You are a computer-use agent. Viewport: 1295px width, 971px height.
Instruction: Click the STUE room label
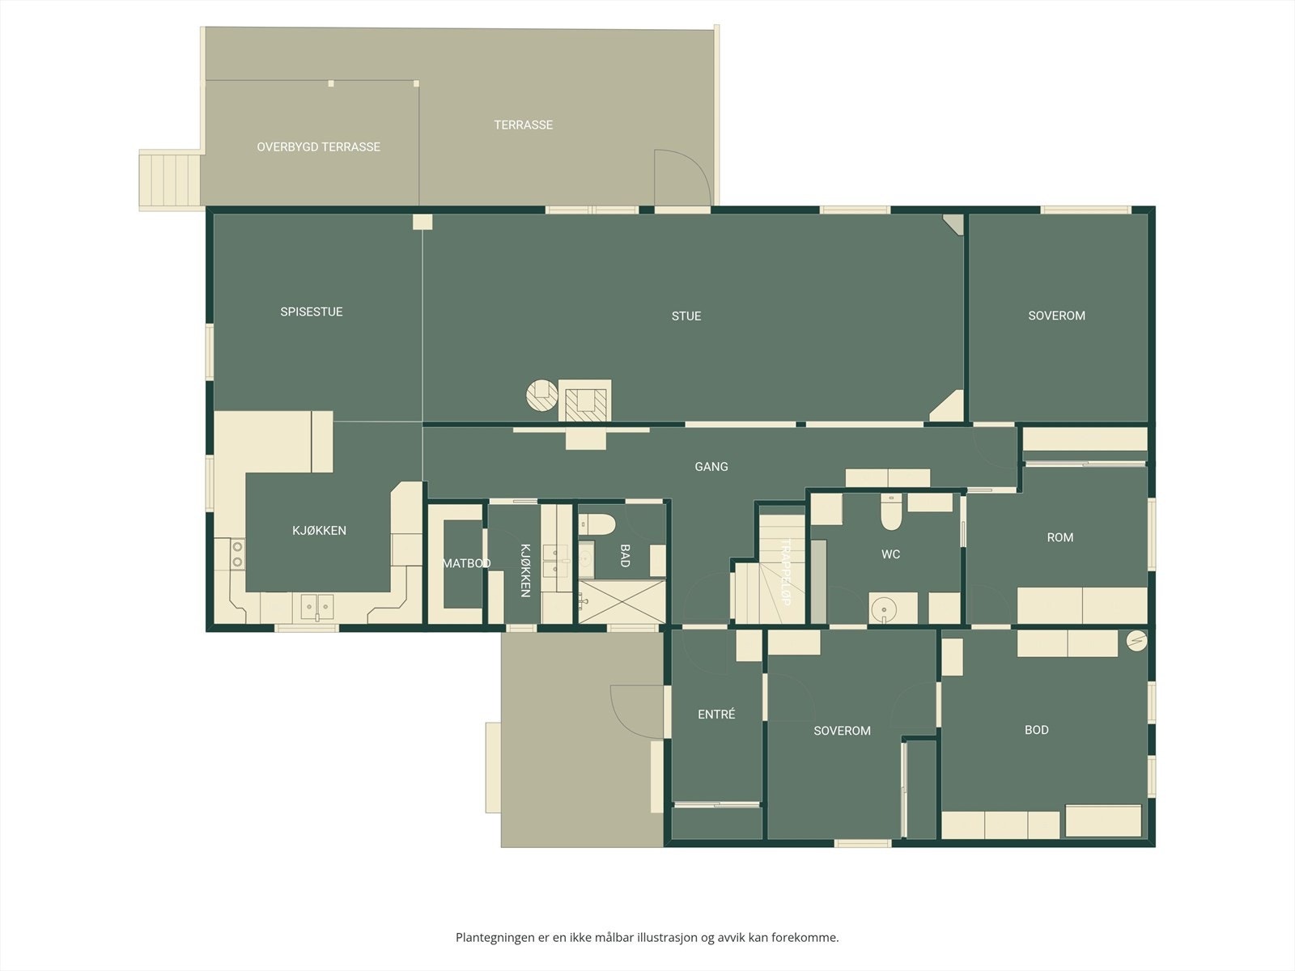click(x=686, y=316)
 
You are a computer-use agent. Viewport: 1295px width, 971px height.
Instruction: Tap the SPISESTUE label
click(x=311, y=312)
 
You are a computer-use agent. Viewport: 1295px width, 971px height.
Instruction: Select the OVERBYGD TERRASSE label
click(x=318, y=146)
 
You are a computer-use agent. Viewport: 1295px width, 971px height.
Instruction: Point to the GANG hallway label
click(x=711, y=467)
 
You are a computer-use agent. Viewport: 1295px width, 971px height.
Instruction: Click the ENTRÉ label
click(x=716, y=714)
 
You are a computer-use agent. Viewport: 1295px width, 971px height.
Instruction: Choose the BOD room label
click(x=1037, y=730)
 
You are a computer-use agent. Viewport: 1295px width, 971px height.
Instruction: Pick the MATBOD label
click(x=466, y=564)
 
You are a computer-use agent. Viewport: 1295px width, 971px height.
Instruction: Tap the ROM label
click(x=1059, y=537)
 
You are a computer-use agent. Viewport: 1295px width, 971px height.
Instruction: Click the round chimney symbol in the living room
click(x=541, y=395)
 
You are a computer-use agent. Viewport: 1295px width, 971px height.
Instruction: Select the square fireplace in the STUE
click(x=584, y=401)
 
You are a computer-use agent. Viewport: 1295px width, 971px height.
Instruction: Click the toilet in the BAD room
click(x=597, y=524)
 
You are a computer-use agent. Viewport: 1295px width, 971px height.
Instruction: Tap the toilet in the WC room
click(x=891, y=511)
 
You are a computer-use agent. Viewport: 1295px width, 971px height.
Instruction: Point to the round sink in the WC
click(x=884, y=608)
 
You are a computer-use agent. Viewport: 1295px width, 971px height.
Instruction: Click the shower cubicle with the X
click(x=622, y=601)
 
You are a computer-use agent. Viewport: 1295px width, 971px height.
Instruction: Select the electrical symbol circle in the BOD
click(x=1136, y=641)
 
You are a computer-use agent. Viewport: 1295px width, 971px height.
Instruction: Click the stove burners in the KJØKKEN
click(x=237, y=554)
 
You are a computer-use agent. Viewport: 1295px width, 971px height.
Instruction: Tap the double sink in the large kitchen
click(x=316, y=607)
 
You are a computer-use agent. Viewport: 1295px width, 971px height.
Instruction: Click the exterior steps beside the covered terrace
click(x=169, y=180)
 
